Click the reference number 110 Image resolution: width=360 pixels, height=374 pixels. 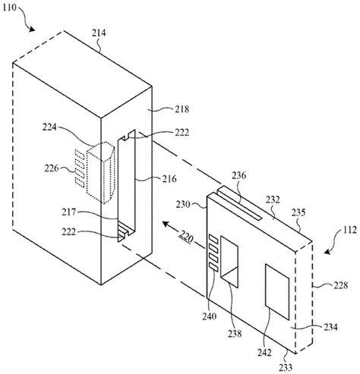[x=9, y=8]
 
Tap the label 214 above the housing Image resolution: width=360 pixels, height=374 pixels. [x=99, y=33]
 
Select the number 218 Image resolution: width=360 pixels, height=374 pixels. [x=182, y=109]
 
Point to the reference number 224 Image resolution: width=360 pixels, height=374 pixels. [x=49, y=127]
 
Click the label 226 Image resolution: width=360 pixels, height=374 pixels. [x=52, y=168]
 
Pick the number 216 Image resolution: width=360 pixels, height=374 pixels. [x=169, y=179]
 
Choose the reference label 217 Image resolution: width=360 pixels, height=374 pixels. [x=69, y=212]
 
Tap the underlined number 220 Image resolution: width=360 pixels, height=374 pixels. [x=186, y=238]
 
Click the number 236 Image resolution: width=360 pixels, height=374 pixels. [x=239, y=175]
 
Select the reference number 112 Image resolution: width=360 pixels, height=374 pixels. [x=350, y=230]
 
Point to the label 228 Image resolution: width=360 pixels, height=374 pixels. [x=341, y=285]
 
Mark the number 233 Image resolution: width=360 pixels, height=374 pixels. [x=286, y=367]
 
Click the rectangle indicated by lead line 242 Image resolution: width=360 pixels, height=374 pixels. [x=277, y=291]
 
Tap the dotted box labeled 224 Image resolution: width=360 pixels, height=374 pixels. [x=101, y=173]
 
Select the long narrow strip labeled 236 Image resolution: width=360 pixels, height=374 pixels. [x=239, y=203]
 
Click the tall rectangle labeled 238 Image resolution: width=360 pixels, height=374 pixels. [x=229, y=262]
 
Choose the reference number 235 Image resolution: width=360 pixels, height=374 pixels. [x=298, y=212]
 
